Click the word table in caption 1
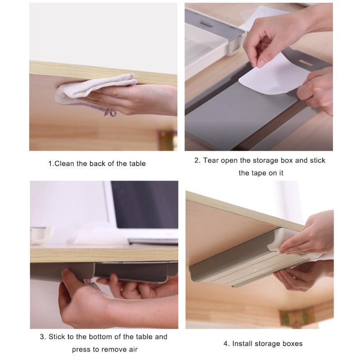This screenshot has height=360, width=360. [x=137, y=164]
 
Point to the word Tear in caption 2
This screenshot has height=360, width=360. [x=211, y=161]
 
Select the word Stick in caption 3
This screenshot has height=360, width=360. [x=57, y=337]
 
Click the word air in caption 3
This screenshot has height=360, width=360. [x=132, y=350]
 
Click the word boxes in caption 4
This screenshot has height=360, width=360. [x=292, y=344]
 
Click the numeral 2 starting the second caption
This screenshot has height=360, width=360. [x=197, y=161]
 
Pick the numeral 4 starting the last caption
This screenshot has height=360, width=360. [x=225, y=344]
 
